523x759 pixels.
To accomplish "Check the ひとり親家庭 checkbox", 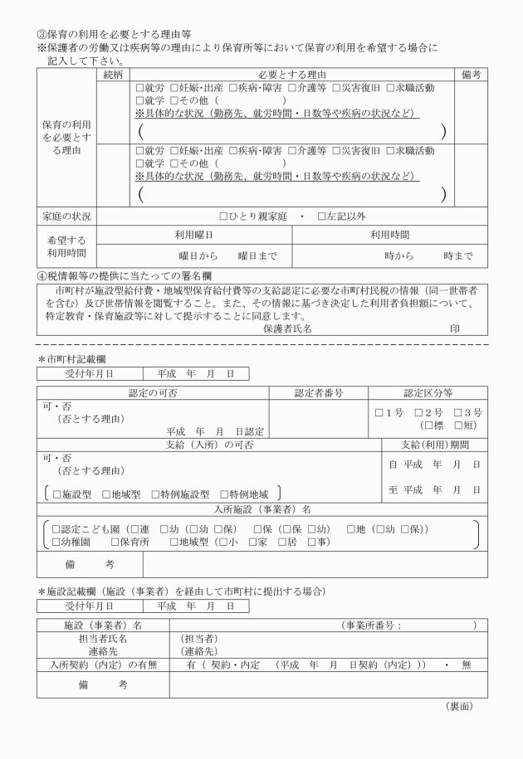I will pyautogui.click(x=223, y=217).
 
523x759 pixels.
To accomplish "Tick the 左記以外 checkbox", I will pyautogui.click(x=320, y=217).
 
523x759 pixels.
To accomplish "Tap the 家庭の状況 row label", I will pyautogui.click(x=66, y=217).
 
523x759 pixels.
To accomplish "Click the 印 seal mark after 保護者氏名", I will pyautogui.click(x=455, y=328).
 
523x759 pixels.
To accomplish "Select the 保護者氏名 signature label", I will pyautogui.click(x=287, y=328).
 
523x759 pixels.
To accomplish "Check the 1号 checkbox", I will pyautogui.click(x=379, y=412).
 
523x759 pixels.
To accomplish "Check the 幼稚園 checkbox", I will pyautogui.click(x=56, y=542).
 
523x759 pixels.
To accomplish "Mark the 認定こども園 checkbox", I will pyautogui.click(x=56, y=528).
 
